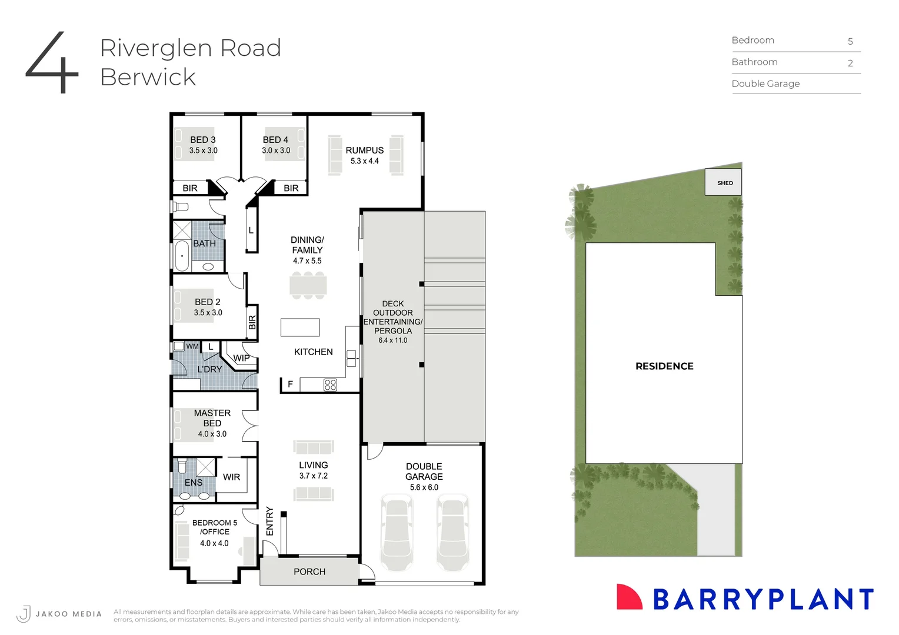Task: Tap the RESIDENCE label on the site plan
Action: [x=664, y=366]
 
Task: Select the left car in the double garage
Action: [x=397, y=533]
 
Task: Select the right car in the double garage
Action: [x=452, y=533]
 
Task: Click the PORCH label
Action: [x=309, y=571]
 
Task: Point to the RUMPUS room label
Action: [x=364, y=151]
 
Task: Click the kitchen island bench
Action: [x=300, y=327]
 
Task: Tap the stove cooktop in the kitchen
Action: [x=330, y=385]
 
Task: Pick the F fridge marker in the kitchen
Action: [x=290, y=385]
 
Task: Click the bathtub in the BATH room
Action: [x=182, y=256]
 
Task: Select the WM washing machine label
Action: [x=192, y=347]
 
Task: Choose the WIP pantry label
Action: [x=241, y=358]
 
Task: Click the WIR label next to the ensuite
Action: [x=231, y=477]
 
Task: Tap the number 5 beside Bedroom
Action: [x=850, y=41]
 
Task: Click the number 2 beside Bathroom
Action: [x=850, y=63]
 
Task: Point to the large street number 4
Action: [x=52, y=62]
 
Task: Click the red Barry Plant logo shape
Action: [x=628, y=597]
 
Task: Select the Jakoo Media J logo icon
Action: [x=24, y=614]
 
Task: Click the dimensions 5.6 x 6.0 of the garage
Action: [x=424, y=487]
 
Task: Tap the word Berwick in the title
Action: [x=148, y=77]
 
